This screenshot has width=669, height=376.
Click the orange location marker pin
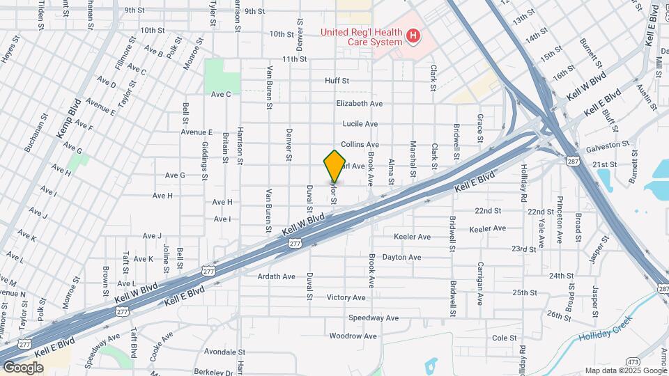334,166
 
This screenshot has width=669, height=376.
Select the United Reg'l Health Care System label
361,36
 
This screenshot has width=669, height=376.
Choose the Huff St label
337,81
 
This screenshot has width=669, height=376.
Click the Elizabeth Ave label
359,103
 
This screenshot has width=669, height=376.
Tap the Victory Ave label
346,297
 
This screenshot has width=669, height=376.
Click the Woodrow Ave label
353,336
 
